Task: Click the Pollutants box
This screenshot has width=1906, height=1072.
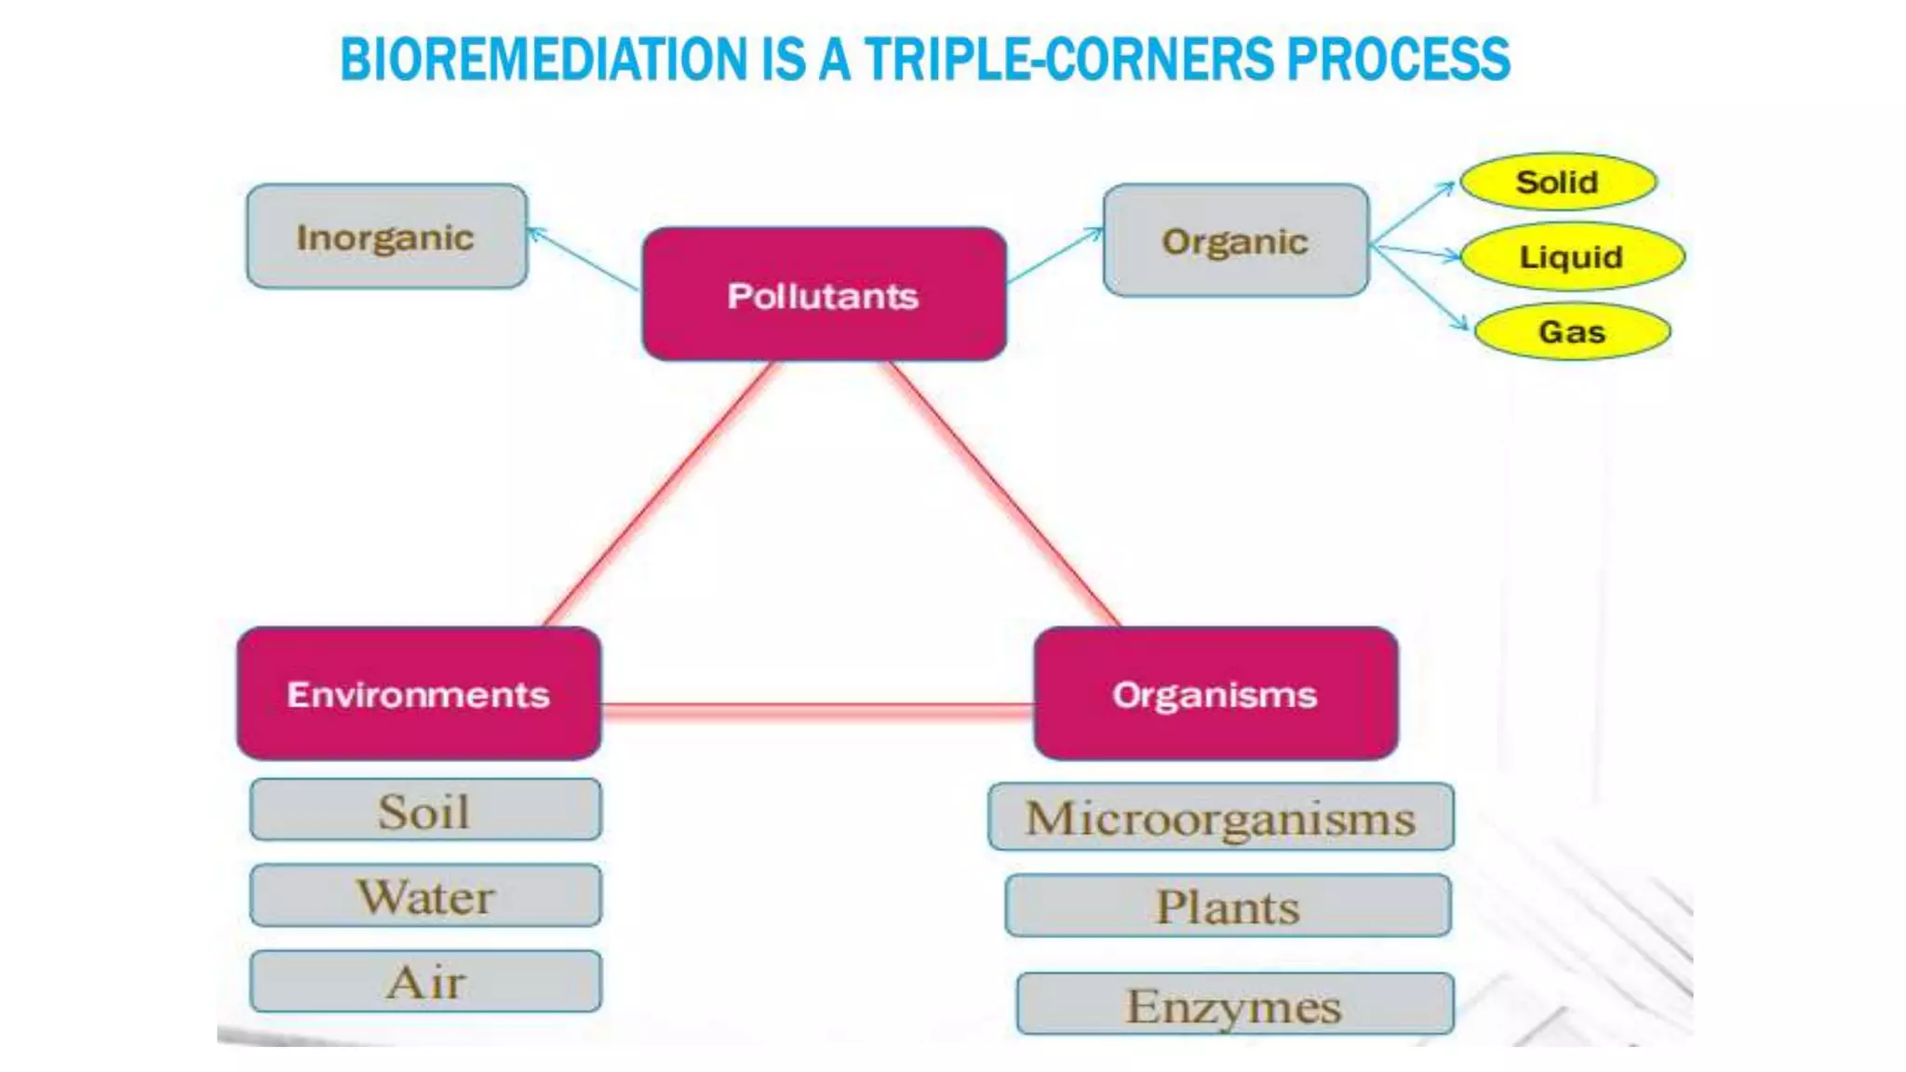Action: (824, 294)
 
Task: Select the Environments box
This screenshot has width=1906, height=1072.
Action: (419, 693)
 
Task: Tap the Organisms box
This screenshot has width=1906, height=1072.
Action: (1215, 693)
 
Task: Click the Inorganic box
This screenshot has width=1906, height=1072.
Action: (386, 236)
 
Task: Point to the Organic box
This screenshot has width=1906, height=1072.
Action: (1235, 241)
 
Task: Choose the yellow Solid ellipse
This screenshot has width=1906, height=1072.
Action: (1558, 181)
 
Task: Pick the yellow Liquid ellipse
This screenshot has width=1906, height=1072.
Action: (1572, 256)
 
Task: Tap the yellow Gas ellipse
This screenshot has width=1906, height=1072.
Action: (1572, 331)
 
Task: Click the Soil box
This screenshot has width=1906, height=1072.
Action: (425, 811)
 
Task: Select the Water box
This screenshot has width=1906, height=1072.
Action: (425, 895)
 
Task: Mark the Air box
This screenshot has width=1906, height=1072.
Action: (425, 981)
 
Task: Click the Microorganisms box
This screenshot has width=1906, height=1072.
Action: (1220, 817)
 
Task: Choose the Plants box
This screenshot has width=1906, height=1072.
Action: (1228, 905)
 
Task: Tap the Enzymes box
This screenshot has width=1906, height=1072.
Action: (1234, 1004)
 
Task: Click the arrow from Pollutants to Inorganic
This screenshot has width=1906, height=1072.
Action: (583, 259)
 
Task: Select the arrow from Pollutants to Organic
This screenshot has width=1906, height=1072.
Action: (1054, 254)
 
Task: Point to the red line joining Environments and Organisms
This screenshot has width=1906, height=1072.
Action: (817, 710)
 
